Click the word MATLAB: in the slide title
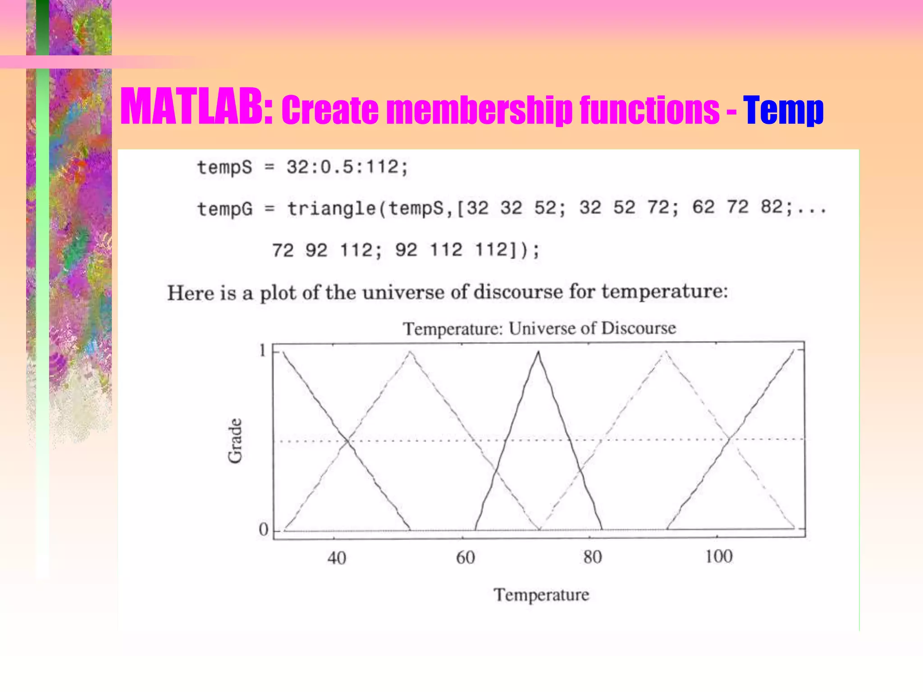click(196, 107)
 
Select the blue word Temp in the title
click(783, 110)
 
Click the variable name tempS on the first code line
click(224, 168)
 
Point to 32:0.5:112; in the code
click(347, 167)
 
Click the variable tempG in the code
click(225, 209)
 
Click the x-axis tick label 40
click(337, 558)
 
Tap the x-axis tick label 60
click(465, 558)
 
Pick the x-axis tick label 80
click(592, 557)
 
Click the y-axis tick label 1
click(263, 351)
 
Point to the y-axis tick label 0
click(263, 529)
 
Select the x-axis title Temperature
click(541, 595)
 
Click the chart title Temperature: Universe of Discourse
click(539, 328)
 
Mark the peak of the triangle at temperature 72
click(538, 352)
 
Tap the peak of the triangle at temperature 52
click(410, 352)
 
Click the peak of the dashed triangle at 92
click(665, 352)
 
